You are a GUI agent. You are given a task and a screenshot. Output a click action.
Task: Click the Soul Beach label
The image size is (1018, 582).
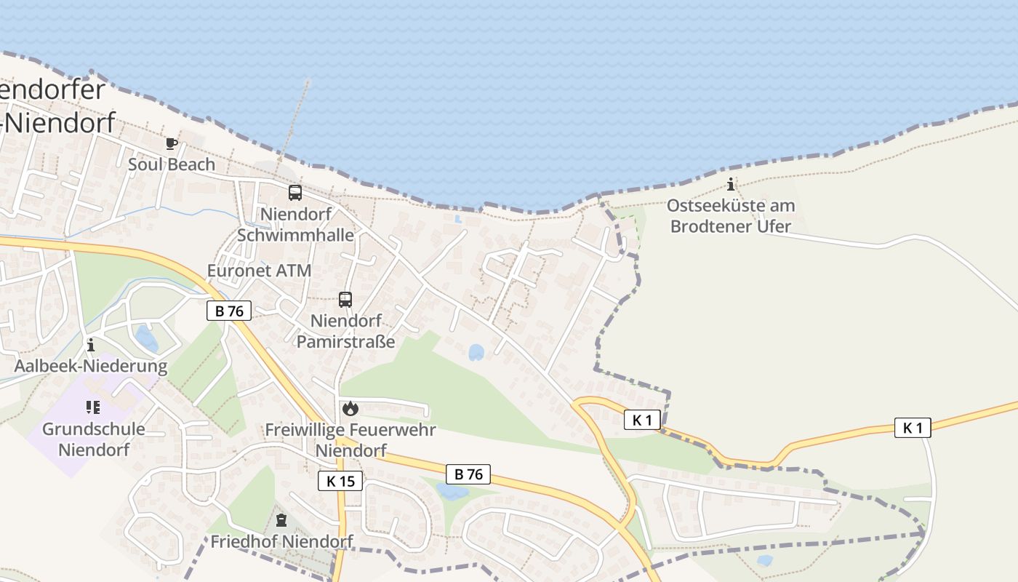click(x=172, y=164)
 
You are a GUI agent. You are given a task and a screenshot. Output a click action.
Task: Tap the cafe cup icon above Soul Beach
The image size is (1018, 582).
click(x=172, y=143)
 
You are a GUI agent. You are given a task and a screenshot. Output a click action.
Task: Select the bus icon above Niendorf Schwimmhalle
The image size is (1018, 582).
click(x=295, y=193)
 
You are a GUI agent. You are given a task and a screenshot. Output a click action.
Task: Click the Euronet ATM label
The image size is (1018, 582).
click(x=259, y=271)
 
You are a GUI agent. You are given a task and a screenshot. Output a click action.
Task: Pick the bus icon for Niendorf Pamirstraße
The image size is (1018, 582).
click(x=345, y=299)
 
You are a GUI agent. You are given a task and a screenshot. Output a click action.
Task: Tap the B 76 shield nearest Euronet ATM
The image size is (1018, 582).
click(x=229, y=311)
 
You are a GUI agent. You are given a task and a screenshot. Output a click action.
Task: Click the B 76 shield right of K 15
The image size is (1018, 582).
click(x=468, y=474)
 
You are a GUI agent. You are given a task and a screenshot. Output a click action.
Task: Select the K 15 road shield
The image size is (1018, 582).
click(x=340, y=481)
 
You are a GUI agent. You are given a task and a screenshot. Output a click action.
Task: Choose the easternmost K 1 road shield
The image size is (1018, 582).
click(x=913, y=428)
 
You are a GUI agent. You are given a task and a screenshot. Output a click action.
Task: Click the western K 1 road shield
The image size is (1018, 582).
click(x=642, y=420)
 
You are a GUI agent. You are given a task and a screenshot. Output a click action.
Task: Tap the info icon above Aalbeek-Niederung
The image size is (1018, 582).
click(x=91, y=345)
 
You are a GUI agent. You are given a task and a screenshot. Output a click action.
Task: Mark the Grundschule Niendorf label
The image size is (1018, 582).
click(x=94, y=439)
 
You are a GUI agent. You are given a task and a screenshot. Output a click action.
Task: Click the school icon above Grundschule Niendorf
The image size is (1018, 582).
click(x=92, y=407)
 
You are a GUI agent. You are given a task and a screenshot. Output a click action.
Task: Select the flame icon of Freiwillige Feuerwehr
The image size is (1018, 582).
click(x=350, y=408)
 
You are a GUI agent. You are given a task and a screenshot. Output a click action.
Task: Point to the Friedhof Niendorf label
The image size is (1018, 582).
click(x=281, y=541)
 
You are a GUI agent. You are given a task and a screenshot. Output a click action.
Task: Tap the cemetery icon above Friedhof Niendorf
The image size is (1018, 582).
click(x=281, y=520)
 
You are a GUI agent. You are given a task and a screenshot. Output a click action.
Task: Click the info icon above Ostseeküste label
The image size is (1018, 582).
click(x=731, y=184)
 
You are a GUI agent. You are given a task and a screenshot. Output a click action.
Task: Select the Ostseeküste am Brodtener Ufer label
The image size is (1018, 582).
click(x=731, y=216)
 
